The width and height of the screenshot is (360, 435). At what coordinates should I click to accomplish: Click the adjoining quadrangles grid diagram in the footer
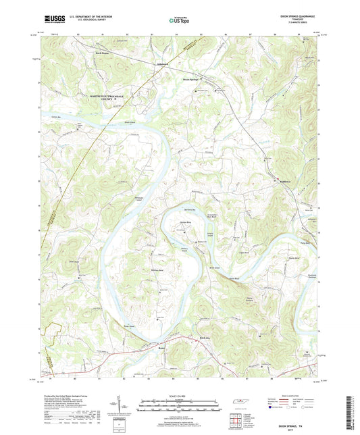tap(234, 421)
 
